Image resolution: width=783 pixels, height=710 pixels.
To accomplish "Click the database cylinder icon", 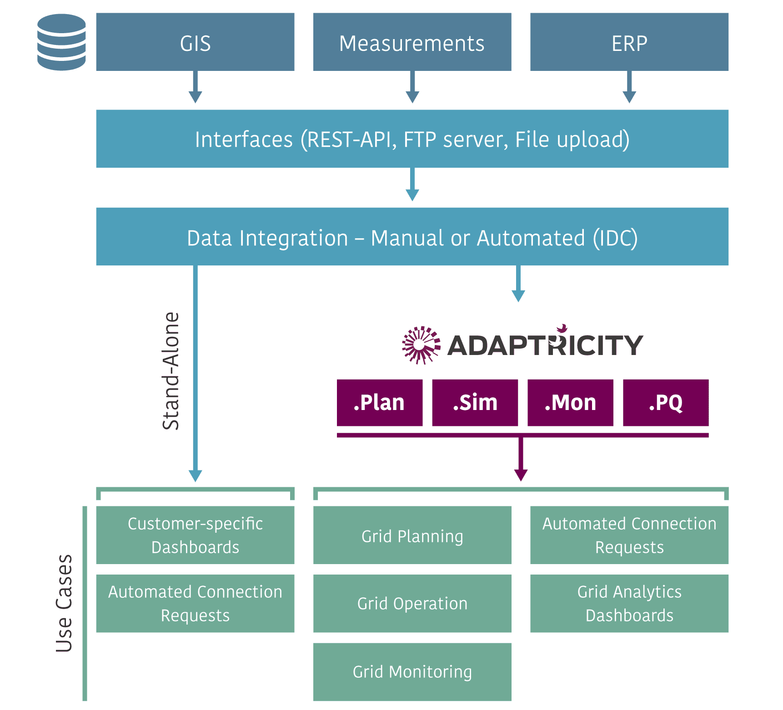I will click(61, 42).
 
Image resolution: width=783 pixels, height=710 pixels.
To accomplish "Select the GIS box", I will click(195, 42).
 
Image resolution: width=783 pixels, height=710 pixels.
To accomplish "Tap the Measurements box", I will click(412, 42).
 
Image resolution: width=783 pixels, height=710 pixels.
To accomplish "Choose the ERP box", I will click(629, 42).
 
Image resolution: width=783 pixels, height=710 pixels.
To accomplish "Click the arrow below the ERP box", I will click(629, 89).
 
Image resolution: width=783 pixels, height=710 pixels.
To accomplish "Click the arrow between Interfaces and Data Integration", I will click(412, 186).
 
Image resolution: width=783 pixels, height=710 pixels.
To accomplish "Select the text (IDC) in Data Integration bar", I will click(615, 238).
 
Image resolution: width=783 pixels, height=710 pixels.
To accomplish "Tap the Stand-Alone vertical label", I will click(171, 371).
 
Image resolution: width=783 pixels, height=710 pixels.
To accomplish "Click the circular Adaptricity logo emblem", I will click(421, 345).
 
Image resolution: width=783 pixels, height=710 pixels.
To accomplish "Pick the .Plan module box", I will click(380, 403).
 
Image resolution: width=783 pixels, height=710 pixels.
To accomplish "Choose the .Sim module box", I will click(475, 403).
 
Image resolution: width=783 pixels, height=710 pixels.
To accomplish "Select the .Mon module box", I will click(570, 403).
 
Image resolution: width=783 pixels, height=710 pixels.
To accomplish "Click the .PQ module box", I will click(666, 403).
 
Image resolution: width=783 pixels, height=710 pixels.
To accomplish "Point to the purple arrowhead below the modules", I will click(521, 475).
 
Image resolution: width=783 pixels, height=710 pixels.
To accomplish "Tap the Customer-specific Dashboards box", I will click(195, 535).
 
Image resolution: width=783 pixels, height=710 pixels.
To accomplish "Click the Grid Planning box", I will click(412, 535).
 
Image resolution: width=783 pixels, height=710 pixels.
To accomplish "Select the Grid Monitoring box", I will click(412, 671).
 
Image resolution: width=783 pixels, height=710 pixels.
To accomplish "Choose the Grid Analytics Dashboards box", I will click(629, 603).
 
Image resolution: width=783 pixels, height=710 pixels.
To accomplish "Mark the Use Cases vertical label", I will click(64, 603).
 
